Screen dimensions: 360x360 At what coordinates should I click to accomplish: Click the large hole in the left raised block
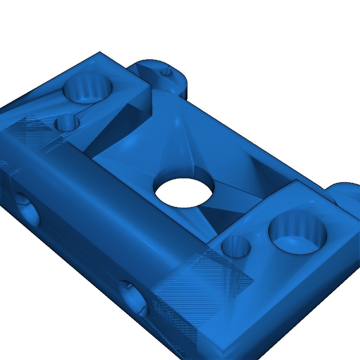[x=88, y=88]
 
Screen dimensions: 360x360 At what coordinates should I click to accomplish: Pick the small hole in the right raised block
[x=237, y=246]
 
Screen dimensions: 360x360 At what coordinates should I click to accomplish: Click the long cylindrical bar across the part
[x=105, y=197]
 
